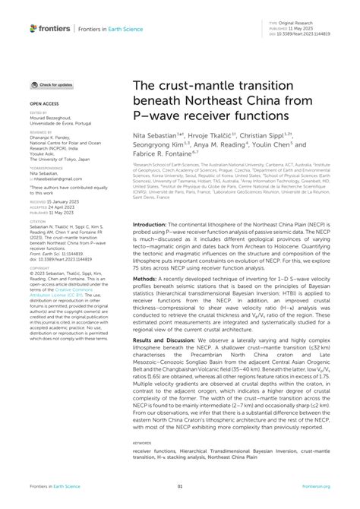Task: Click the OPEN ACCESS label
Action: (x=42, y=101)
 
